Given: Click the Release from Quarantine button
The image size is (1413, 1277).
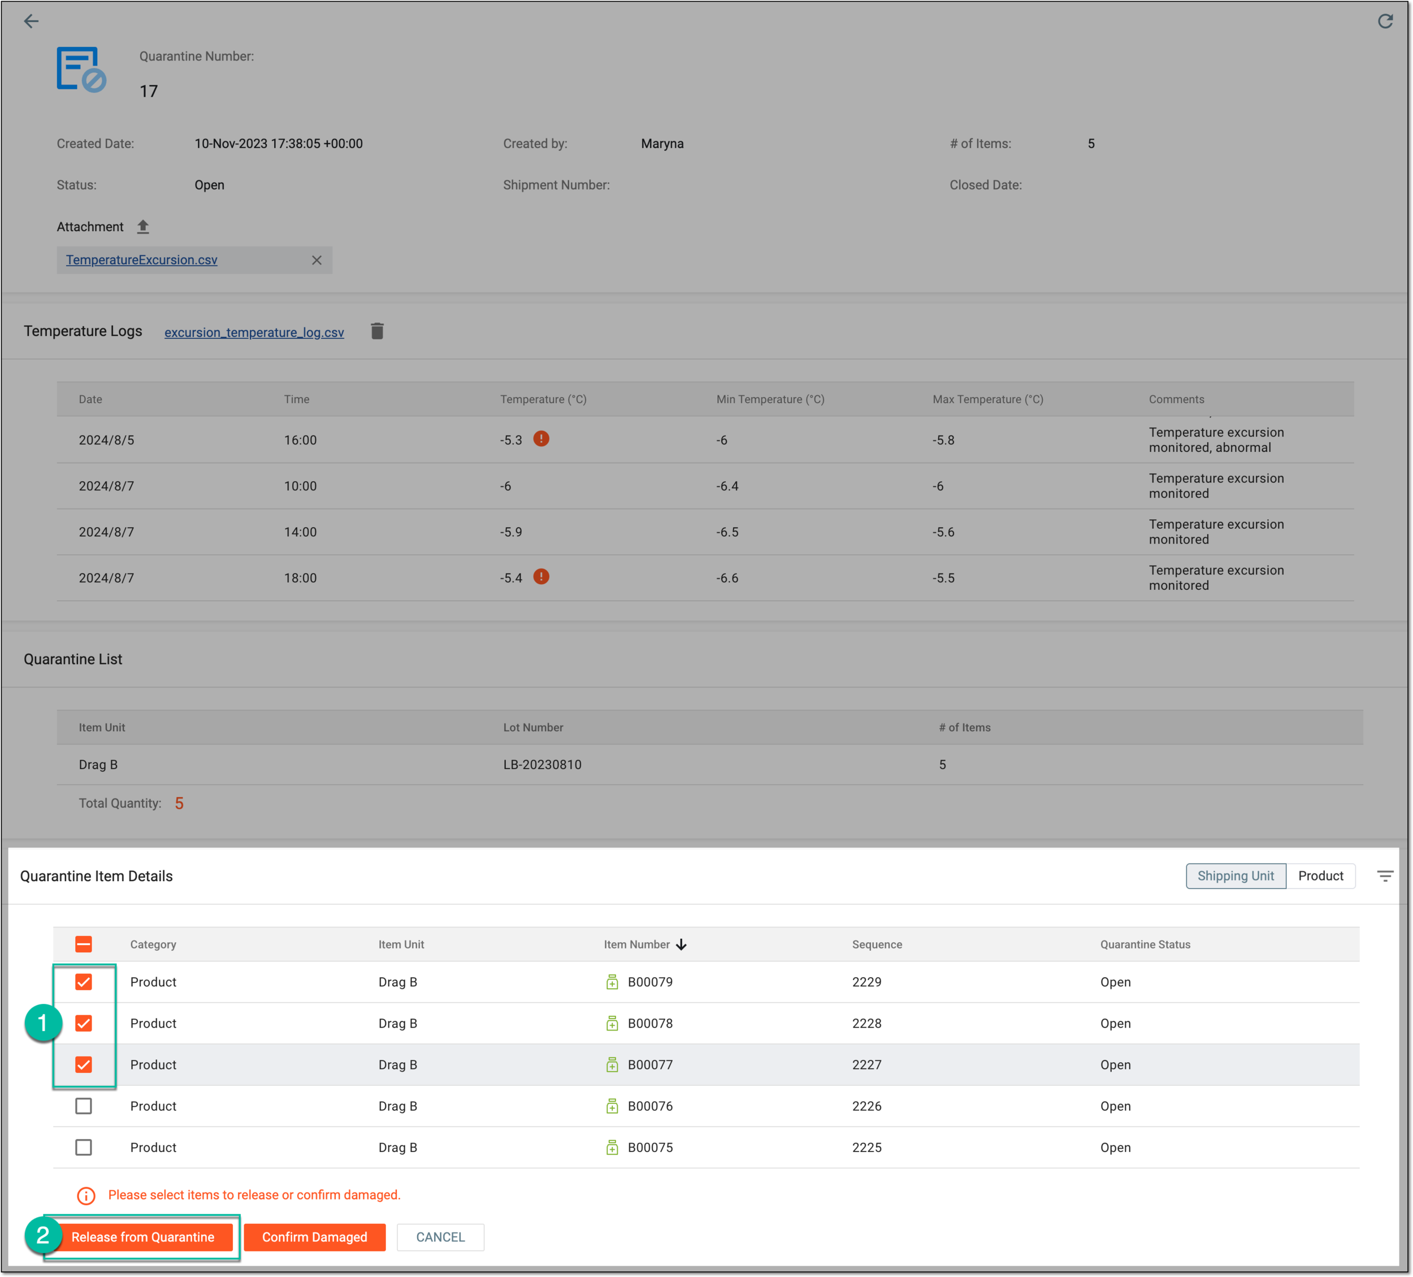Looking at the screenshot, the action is coord(143,1237).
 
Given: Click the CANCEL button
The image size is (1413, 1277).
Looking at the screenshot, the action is coord(440,1237).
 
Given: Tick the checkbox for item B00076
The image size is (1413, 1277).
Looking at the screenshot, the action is coord(84,1106).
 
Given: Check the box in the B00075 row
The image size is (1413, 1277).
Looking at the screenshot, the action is coord(84,1147).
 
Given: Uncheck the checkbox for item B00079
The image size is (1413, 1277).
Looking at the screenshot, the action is coord(84,982).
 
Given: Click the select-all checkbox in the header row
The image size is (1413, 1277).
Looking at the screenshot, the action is coord(84,944).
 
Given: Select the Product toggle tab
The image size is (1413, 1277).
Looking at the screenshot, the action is coord(1320,876).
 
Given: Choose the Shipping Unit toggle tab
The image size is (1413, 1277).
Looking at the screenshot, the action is coord(1236,876).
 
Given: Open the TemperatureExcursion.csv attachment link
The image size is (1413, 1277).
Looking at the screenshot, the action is coord(141,260).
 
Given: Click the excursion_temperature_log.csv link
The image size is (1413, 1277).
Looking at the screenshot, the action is coord(254,333).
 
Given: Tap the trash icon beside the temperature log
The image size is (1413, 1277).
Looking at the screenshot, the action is coord(377,331).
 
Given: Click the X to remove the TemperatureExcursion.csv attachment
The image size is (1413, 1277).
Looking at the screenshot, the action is coord(317,260).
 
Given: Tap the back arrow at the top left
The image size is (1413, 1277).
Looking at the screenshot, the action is coord(32,21).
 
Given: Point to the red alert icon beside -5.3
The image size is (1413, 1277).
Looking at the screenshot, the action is coord(541,439).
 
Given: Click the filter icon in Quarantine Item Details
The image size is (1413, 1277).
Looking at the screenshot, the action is coord(1385,876).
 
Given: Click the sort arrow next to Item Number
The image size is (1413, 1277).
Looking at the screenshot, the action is coord(681,944).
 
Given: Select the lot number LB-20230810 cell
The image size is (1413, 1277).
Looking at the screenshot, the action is coord(543,765).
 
